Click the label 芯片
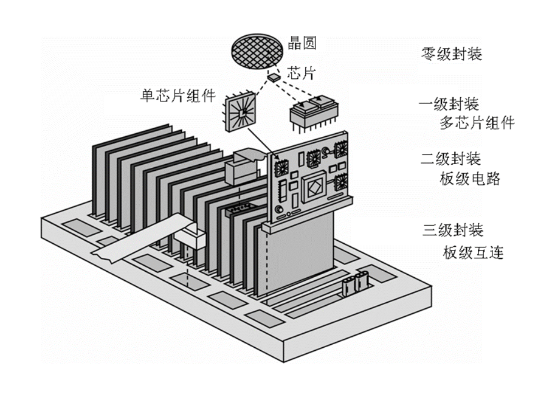[x=298, y=74]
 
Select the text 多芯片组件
[x=477, y=123]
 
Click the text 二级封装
[x=450, y=159]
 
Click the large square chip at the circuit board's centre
[x=314, y=187]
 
